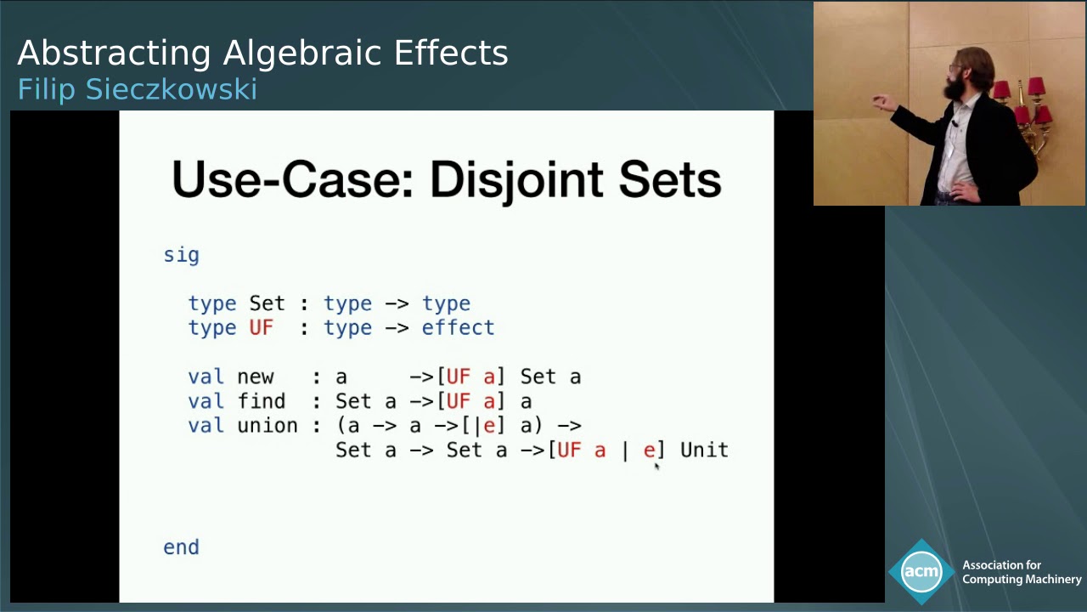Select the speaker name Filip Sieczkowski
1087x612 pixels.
click(137, 89)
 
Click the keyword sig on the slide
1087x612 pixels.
click(181, 255)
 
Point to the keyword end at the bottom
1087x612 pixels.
click(181, 547)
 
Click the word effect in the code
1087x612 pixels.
click(458, 328)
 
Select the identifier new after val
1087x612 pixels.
click(255, 377)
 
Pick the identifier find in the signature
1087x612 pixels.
click(261, 401)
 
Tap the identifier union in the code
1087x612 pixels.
click(267, 426)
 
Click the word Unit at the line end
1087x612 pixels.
click(704, 450)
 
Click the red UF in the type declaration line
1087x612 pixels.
click(261, 328)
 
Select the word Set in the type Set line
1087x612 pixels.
click(267, 303)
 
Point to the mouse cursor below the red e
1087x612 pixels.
click(656, 466)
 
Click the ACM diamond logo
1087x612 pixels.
click(921, 572)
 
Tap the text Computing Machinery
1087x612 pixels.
click(1022, 580)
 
